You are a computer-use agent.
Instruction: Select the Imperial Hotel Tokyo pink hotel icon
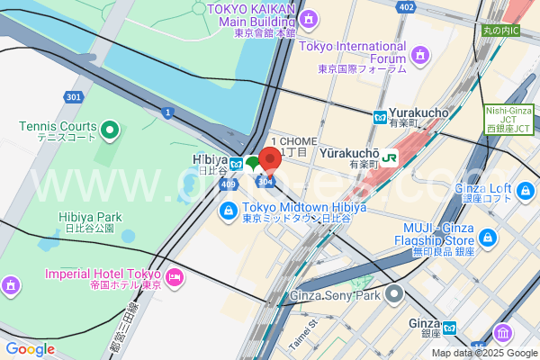coord(175,274)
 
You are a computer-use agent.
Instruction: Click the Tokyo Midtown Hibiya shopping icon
coord(229,210)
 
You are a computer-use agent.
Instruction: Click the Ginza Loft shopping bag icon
coord(526,190)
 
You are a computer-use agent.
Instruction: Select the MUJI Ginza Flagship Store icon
coord(488,238)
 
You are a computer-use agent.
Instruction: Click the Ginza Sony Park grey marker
coord(394,293)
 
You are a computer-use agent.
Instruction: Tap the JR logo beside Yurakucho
coord(391,157)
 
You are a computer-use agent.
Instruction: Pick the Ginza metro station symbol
coord(451,326)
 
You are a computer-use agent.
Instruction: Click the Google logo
coord(29,348)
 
